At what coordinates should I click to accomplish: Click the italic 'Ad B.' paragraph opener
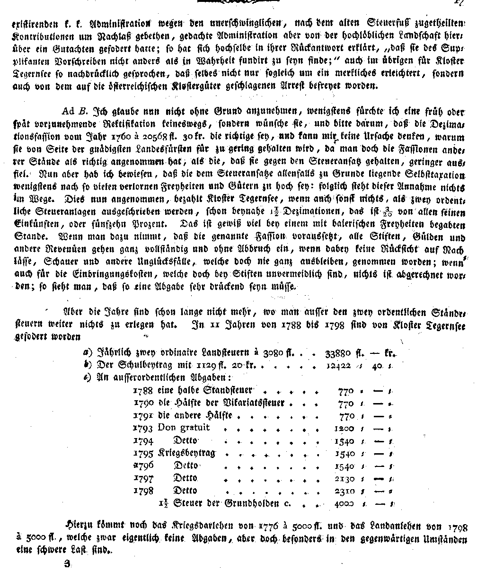75,112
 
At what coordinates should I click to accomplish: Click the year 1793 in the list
143,429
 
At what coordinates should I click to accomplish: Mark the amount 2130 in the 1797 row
344,478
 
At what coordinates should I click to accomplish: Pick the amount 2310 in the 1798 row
344,491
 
